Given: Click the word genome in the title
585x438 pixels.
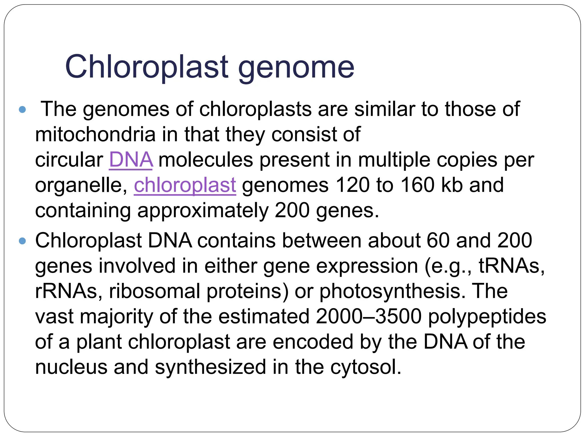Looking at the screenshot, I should click(296, 68).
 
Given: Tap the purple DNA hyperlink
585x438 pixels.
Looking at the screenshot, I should click(131, 160).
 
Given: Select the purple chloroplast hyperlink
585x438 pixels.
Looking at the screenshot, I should click(185, 185).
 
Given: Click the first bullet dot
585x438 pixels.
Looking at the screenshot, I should click(22, 109).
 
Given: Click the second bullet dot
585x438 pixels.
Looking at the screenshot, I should click(22, 241).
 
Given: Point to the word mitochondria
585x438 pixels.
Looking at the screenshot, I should click(95, 134).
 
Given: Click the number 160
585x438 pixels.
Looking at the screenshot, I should click(417, 185).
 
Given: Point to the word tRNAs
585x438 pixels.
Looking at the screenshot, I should click(511, 266).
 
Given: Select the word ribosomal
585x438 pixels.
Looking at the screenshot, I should click(155, 291).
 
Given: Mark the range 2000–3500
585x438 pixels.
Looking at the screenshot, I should click(368, 317).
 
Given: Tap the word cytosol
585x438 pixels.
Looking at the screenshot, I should click(366, 367).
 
